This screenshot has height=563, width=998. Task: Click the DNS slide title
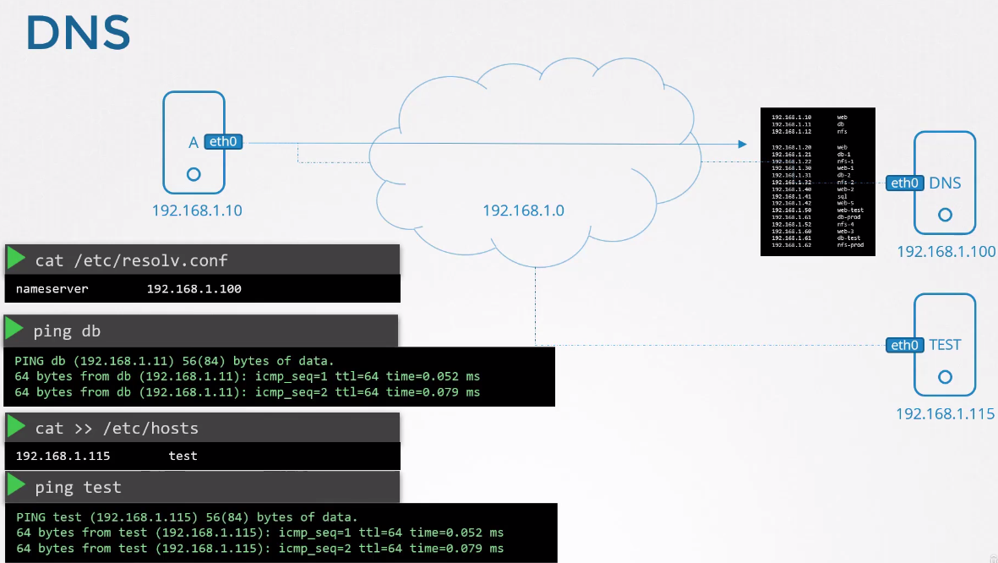78,34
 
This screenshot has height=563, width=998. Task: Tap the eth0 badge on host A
223,143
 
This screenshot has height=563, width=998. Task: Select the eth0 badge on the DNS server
904,183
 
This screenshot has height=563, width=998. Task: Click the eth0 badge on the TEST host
904,345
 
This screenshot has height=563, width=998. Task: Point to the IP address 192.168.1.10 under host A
197,210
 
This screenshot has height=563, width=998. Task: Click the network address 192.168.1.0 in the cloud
523,210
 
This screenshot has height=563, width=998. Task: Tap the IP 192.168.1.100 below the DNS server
946,252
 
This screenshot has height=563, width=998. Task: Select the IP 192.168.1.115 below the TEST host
946,414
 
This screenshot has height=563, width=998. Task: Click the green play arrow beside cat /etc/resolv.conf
15,259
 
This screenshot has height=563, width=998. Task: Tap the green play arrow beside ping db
15,329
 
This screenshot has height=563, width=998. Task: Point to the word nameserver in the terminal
52,289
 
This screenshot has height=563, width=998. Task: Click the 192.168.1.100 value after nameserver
194,289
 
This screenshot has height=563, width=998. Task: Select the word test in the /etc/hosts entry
183,456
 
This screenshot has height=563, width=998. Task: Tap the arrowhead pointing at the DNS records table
743,144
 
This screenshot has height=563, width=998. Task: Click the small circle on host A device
194,174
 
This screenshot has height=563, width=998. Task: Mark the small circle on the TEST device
945,377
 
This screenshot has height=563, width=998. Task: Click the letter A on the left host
194,143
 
